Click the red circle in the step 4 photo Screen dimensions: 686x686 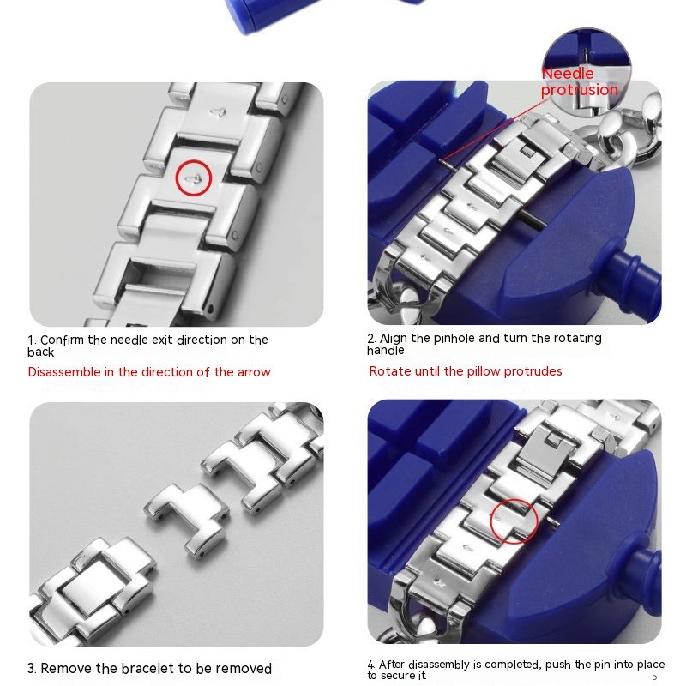coord(514,520)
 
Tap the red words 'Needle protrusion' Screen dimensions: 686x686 coord(579,82)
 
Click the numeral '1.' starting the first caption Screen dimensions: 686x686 coord(32,340)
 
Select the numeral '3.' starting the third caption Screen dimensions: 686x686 coord(32,669)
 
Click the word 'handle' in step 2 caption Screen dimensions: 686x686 coord(386,351)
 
